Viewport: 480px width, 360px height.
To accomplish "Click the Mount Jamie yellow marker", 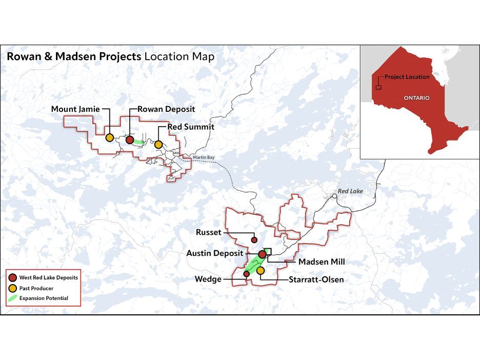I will [109, 137].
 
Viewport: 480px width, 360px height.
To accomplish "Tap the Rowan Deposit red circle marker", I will [130, 139].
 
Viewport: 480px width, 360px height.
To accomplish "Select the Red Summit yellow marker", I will [158, 145].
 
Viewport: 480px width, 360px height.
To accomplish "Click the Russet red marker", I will [254, 239].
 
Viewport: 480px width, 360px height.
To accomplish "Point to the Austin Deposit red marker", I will [262, 254].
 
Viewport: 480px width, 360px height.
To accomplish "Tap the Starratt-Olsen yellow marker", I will [260, 270].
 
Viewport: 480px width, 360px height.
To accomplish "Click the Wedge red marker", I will [246, 274].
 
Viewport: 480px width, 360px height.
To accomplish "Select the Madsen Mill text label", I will [322, 262].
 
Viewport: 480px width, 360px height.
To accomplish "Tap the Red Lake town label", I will [350, 191].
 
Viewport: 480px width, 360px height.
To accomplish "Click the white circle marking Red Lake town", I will [334, 195].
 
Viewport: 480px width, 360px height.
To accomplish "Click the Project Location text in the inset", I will [407, 77].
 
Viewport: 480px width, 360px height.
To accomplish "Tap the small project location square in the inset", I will [378, 87].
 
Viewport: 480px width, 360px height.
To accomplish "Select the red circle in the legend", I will [12, 277].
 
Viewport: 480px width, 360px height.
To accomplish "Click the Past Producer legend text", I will [36, 288].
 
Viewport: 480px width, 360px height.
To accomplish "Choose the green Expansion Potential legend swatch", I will [12, 298].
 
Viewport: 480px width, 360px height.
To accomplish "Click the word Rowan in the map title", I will [23, 56].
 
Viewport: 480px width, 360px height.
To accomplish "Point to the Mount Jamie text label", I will [75, 109].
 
